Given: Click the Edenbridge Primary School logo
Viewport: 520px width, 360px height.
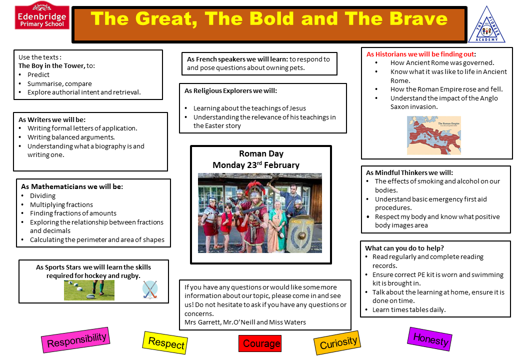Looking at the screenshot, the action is pos(42,16).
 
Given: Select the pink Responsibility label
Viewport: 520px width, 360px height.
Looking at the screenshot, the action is pos(75,340).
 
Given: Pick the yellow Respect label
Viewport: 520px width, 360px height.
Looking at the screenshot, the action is pos(165,343).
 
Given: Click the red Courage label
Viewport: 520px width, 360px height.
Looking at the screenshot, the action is pos(260,343).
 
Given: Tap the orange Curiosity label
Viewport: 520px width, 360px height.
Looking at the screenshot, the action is pos(337,343).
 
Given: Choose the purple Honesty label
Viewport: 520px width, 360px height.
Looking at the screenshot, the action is pos(430,339).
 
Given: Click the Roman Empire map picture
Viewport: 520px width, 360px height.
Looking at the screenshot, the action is pos(434,135).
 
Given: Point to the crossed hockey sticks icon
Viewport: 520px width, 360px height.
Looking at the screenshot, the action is pos(150,289).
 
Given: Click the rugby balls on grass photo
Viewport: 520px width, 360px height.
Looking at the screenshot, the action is pos(89,290).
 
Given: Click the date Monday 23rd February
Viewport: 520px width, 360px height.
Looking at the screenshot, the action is pos(256,165).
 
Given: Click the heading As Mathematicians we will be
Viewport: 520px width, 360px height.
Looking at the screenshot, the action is pos(72,186).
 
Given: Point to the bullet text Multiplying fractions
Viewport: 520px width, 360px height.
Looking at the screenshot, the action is pos(61,204).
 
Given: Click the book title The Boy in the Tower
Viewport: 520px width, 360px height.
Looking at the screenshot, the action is pos(51,65).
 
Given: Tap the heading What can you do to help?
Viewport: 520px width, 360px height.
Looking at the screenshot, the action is pos(404,248).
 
